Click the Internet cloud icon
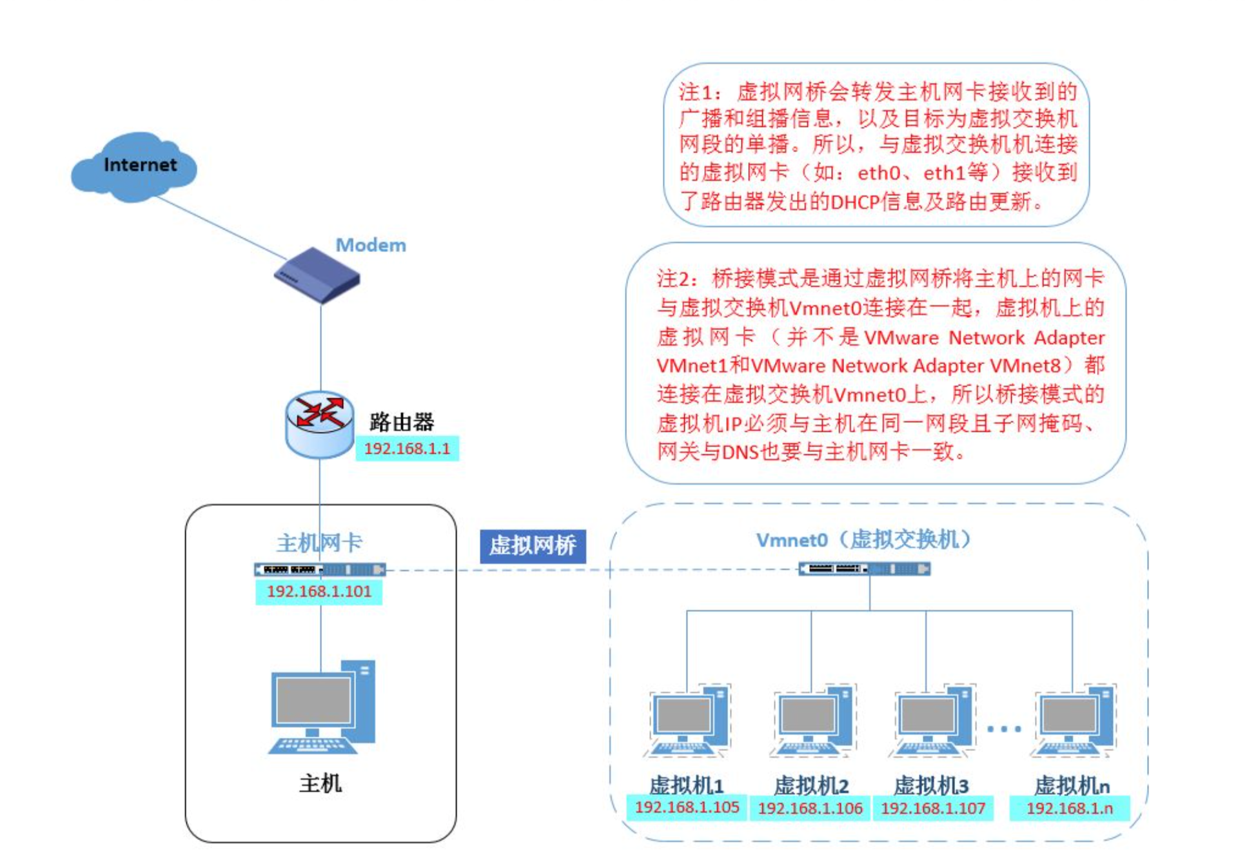(x=134, y=167)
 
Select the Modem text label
(x=371, y=245)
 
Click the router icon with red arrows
(x=319, y=424)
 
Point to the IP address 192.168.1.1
(x=407, y=449)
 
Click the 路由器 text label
(x=402, y=422)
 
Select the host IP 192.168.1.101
(x=319, y=592)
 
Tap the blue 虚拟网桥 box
(x=533, y=546)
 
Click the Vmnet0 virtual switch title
(x=864, y=540)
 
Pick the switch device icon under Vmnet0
(x=864, y=569)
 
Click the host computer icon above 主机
(x=322, y=707)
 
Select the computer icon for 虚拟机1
(x=687, y=720)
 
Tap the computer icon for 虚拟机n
(x=1074, y=720)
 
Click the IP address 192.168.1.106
(x=810, y=808)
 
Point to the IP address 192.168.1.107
(x=933, y=808)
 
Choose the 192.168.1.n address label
(x=1070, y=808)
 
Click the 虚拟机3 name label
(x=931, y=785)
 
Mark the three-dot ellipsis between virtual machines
(x=1004, y=729)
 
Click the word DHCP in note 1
(x=855, y=202)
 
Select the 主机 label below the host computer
(x=320, y=783)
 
